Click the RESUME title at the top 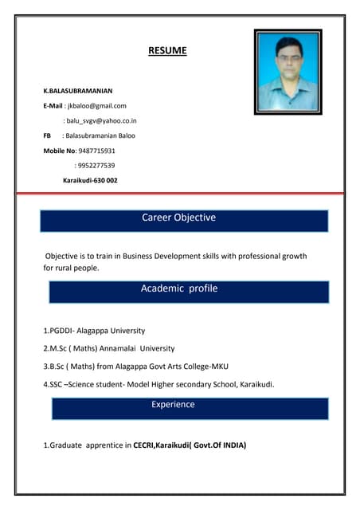click(167, 51)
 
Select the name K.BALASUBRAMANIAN click(77, 92)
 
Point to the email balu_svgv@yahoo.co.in click(100, 120)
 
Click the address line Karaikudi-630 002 click(90, 180)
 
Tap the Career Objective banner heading click(178, 218)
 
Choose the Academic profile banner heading click(178, 288)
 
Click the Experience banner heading click(173, 405)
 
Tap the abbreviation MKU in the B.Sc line click(217, 367)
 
